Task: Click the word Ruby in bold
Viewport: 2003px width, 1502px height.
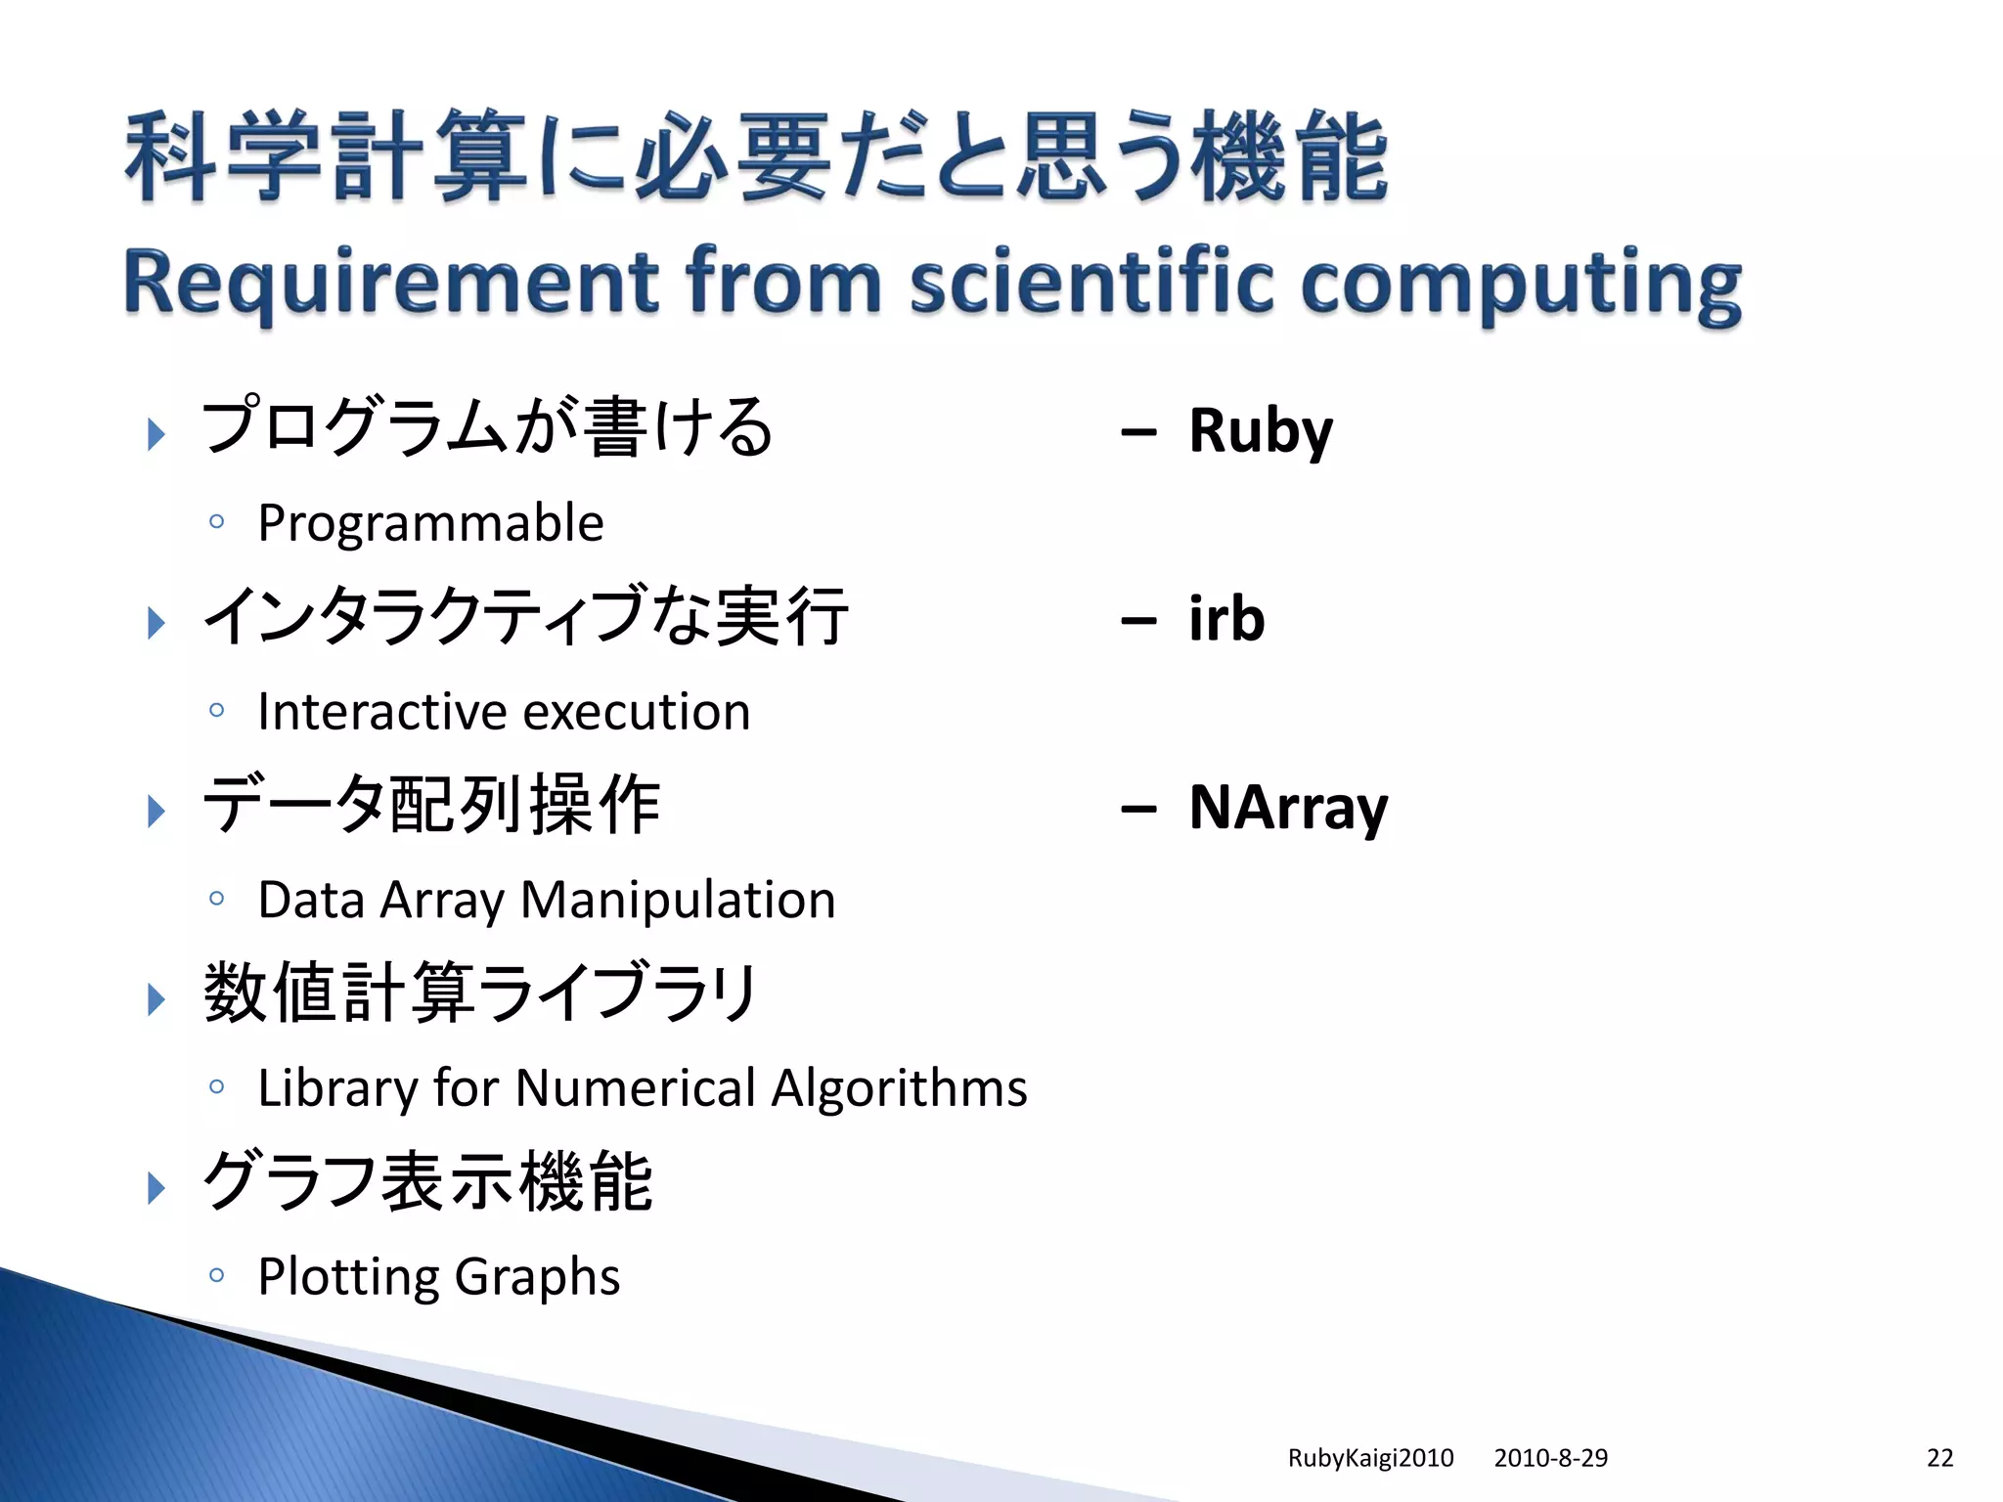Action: click(x=1260, y=430)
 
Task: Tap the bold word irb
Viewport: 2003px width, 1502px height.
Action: click(x=1226, y=619)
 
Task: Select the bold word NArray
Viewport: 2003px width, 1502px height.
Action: click(x=1288, y=808)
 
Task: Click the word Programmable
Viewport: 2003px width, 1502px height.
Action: click(x=430, y=523)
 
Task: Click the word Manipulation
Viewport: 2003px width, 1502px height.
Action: click(x=678, y=900)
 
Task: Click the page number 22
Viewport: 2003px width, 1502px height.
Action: click(x=1939, y=1458)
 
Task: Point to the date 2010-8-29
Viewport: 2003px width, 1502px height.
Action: click(x=1550, y=1458)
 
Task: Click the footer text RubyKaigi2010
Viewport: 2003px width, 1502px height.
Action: click(x=1370, y=1458)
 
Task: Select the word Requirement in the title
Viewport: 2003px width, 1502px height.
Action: click(x=392, y=284)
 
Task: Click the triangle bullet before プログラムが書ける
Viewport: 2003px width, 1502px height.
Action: click(x=156, y=434)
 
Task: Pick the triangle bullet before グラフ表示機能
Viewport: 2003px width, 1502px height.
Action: click(x=156, y=1188)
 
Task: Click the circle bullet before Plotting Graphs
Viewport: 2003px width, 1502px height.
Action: click(x=217, y=1275)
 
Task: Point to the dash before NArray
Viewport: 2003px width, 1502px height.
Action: click(x=1138, y=810)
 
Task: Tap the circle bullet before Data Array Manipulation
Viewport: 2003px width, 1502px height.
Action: click(x=217, y=898)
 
